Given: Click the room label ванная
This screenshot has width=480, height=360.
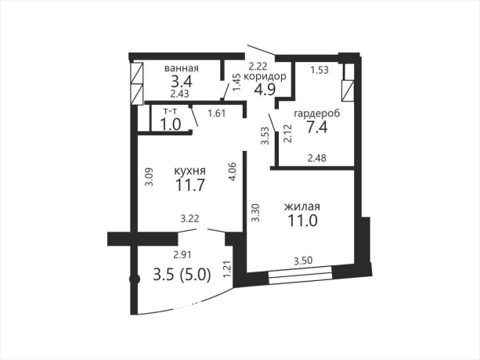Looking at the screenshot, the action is pyautogui.click(x=182, y=68).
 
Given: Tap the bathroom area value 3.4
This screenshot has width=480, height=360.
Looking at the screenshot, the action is pyautogui.click(x=181, y=81).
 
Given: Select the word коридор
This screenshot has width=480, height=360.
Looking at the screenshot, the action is pyautogui.click(x=265, y=77).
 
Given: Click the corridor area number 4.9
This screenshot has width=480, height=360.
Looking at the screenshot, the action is pyautogui.click(x=265, y=89).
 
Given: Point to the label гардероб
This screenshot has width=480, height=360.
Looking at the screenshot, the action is pyautogui.click(x=317, y=113).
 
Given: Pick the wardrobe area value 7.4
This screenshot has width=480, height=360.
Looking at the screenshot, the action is pyautogui.click(x=317, y=127).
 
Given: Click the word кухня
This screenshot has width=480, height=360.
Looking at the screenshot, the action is pyautogui.click(x=189, y=171).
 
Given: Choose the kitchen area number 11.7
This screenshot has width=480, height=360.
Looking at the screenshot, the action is pyautogui.click(x=189, y=185).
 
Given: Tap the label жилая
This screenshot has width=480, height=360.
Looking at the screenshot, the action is pyautogui.click(x=302, y=207).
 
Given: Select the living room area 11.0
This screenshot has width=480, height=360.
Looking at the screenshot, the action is pyautogui.click(x=302, y=221).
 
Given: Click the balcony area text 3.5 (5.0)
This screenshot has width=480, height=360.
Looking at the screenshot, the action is pyautogui.click(x=182, y=275).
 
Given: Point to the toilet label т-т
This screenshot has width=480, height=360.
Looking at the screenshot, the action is pyautogui.click(x=171, y=111).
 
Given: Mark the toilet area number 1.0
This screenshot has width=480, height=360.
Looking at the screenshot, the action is pyautogui.click(x=171, y=124).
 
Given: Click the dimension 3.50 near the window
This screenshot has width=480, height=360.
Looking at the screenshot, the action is pyautogui.click(x=303, y=261).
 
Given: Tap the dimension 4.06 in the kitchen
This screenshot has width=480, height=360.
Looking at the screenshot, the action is pyautogui.click(x=233, y=171).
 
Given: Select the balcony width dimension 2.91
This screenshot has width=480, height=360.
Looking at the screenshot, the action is pyautogui.click(x=182, y=254).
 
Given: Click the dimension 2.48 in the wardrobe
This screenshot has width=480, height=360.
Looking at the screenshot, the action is pyautogui.click(x=317, y=158).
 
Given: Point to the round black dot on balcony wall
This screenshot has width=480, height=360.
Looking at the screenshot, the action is pyautogui.click(x=135, y=279).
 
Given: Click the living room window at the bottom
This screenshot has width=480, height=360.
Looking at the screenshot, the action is pyautogui.click(x=300, y=273).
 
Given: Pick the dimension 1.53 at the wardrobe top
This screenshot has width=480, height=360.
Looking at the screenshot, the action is pyautogui.click(x=319, y=70).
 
